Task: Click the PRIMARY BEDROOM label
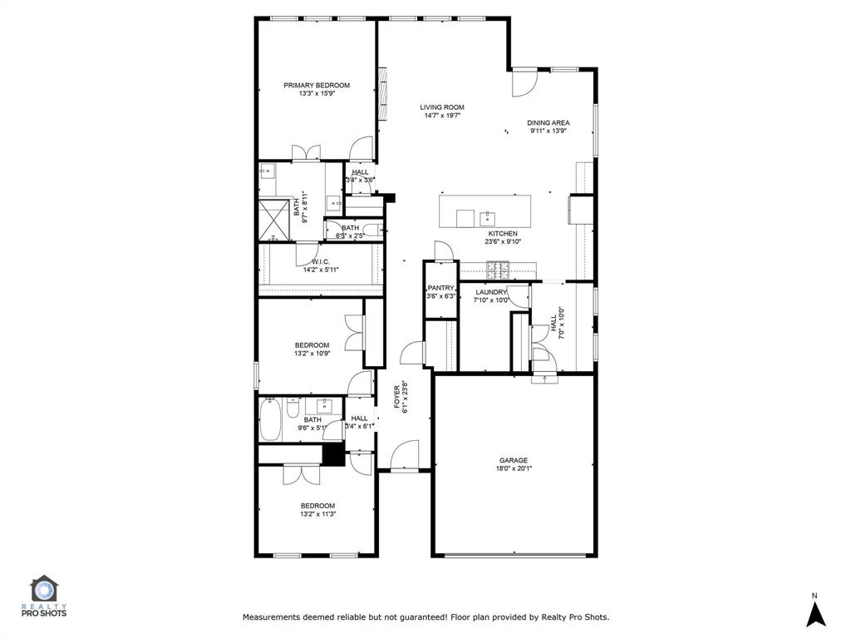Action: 317,85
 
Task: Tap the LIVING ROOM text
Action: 441,107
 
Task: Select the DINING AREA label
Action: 548,123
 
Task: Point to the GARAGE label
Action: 513,460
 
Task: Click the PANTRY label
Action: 441,288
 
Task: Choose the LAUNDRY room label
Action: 490,292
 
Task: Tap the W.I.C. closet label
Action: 321,261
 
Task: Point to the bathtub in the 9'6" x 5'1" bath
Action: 270,420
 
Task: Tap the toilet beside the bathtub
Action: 293,410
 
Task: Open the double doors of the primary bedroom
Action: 306,153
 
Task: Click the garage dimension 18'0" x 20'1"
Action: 513,468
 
